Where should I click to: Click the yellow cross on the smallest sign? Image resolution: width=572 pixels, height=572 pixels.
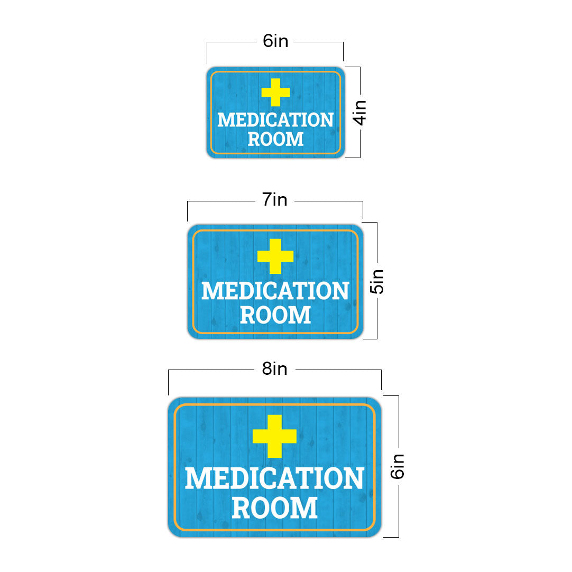pos(275,93)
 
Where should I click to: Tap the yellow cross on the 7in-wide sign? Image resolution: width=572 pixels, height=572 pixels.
pos(275,256)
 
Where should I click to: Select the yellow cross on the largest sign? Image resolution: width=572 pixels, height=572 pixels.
pos(274,436)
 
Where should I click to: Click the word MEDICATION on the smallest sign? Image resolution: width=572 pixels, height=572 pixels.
pos(275,120)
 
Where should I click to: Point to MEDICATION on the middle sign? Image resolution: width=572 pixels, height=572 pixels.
pos(275,291)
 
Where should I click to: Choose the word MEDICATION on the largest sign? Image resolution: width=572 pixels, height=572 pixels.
pos(274,478)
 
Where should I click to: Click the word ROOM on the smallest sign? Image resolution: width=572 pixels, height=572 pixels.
pos(275,139)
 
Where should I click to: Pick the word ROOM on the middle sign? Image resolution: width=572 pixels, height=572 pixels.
pos(275,315)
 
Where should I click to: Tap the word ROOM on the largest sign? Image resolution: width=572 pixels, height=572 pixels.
pos(274,507)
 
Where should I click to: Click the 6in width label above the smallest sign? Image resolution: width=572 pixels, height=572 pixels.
pos(275,41)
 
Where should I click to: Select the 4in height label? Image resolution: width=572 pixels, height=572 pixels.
pos(359,113)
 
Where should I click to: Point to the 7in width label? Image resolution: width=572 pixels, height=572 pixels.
pos(275,200)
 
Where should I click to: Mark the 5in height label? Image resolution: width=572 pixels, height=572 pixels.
pos(377,282)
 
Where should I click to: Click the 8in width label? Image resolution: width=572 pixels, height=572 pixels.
pos(274,369)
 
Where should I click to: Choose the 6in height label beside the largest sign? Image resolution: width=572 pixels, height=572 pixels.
pos(397,466)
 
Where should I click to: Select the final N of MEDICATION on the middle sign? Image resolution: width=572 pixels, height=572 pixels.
pos(341,291)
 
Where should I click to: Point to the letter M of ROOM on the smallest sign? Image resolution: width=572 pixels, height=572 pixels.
pos(296,139)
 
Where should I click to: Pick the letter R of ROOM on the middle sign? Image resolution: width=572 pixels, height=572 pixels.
pos(248,315)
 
